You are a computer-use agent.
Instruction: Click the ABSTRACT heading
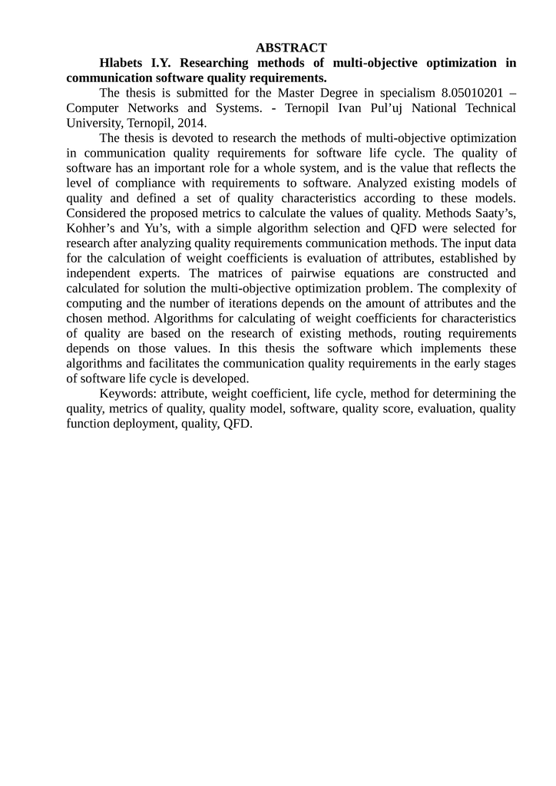click(x=291, y=48)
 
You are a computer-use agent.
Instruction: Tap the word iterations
click(x=229, y=303)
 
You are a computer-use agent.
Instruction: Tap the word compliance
click(x=134, y=183)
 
